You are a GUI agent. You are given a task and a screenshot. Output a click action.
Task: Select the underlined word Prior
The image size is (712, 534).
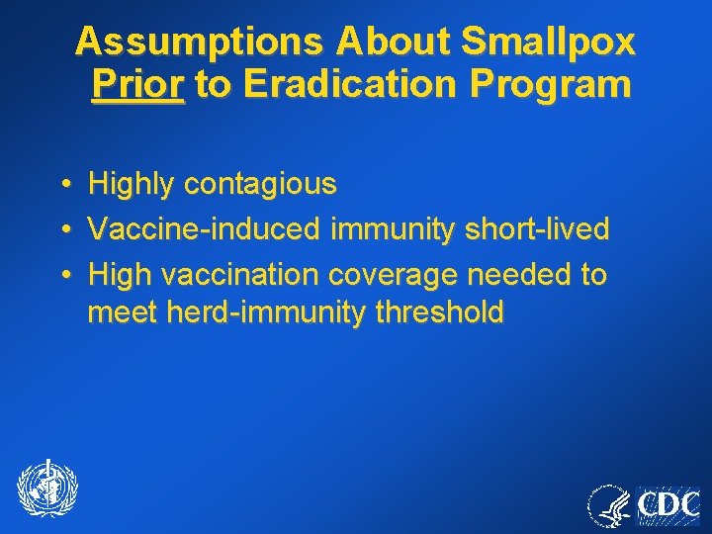point(137,85)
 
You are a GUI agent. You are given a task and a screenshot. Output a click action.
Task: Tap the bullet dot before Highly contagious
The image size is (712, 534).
point(63,185)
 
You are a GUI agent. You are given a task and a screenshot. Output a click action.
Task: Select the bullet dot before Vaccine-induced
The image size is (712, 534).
point(63,229)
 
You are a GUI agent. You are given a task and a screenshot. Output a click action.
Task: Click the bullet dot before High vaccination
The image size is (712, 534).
point(63,275)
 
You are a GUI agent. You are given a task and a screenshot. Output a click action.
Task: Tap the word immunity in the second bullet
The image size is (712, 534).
point(389,229)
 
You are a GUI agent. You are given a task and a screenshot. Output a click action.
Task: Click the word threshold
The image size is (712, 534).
point(439,313)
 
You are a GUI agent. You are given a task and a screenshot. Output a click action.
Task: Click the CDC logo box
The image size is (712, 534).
point(667,505)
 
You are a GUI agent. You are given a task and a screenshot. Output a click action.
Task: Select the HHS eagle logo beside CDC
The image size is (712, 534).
point(609,505)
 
